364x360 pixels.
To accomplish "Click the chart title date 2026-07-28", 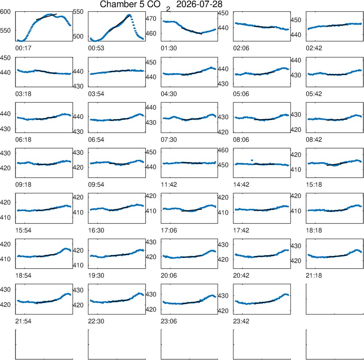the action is coord(199,4).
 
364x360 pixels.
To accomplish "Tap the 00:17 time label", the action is coord(23,48).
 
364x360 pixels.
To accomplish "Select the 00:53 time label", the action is coord(96,48).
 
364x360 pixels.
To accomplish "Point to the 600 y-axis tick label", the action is coord(5,12).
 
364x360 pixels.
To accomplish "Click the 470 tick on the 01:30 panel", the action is coord(151,19).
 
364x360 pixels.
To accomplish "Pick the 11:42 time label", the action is coord(169,185).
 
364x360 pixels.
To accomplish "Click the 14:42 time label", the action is coord(241,185).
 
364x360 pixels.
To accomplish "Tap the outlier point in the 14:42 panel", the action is coord(252,160).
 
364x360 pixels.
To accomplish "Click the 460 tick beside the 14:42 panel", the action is coord(223,150).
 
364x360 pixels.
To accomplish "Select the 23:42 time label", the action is coord(241,321).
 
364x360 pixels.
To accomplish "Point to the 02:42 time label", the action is coord(314,48).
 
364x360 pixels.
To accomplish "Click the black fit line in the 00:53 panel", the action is coord(119,23).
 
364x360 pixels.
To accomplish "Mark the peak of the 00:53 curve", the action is coord(129,15).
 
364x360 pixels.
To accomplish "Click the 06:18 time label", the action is coord(23,139).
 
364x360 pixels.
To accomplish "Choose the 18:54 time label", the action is coord(23,276).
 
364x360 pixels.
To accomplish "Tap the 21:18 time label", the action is coord(314,276).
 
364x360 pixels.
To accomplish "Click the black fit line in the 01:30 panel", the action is coord(192,31).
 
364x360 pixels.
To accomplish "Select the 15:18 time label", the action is coord(314,185).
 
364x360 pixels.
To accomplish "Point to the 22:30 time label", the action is coord(96,321).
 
